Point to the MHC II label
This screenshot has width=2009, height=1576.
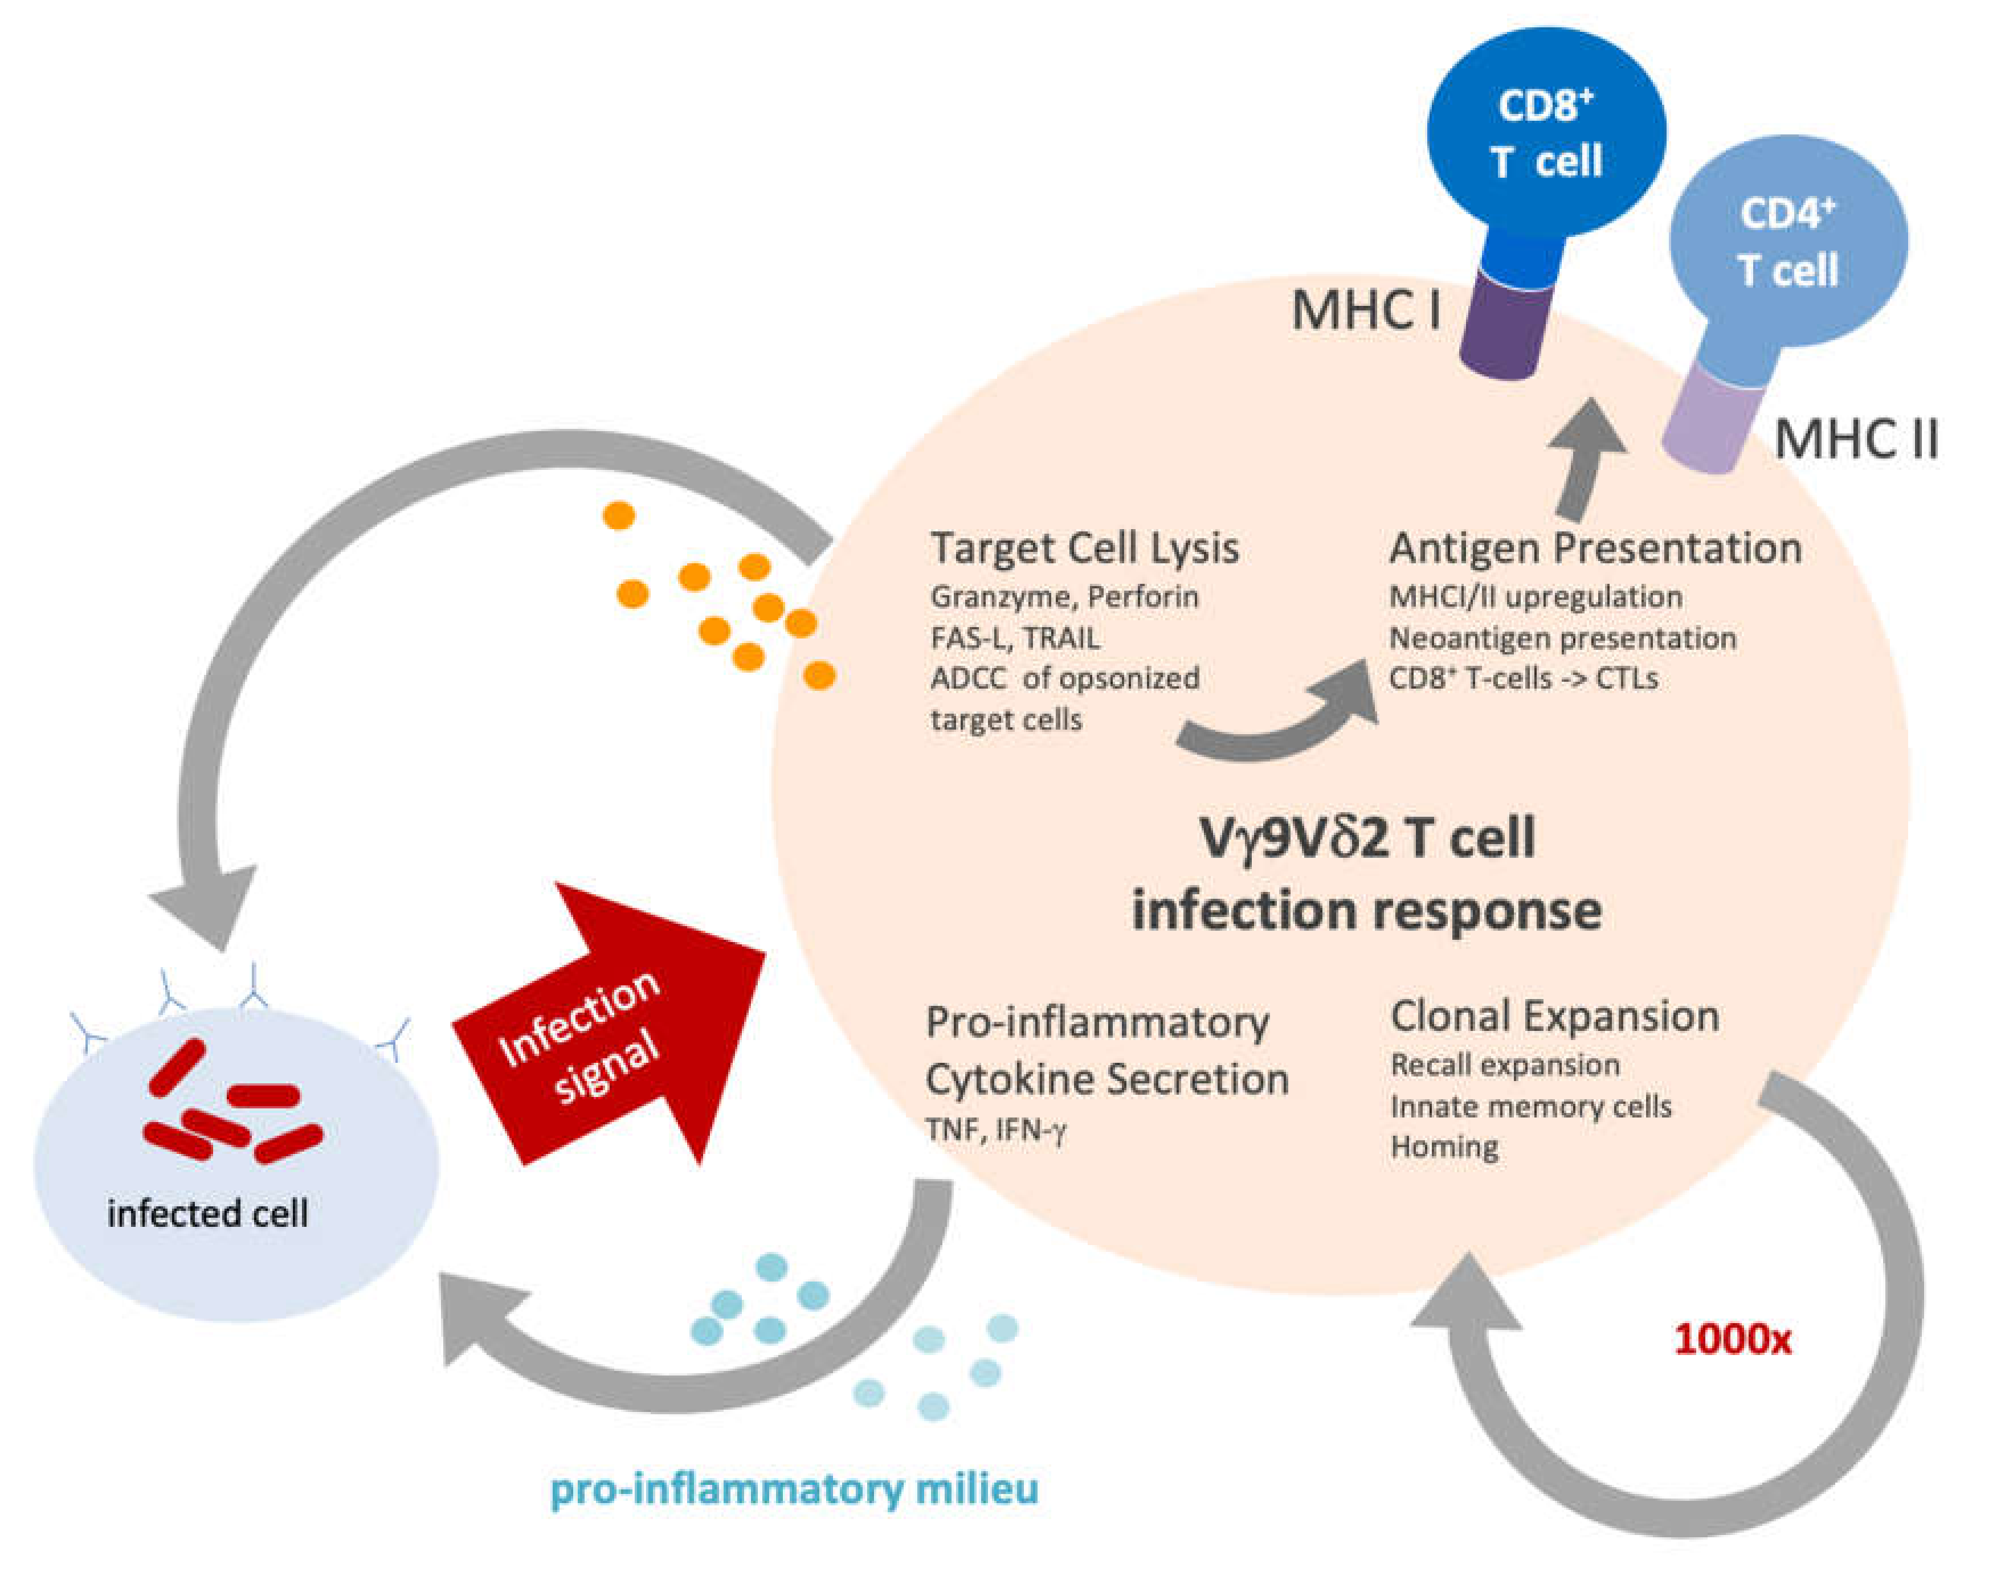1856,439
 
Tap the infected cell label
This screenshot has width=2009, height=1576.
207,1213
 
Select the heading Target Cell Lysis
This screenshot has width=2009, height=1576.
1084,548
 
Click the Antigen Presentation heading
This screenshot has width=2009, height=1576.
1595,548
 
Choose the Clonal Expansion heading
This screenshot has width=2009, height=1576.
1555,1017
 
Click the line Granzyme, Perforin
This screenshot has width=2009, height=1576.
1064,597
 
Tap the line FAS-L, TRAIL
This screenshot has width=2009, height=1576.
1014,637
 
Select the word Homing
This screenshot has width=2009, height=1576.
1444,1147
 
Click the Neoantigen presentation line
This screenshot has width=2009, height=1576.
1562,637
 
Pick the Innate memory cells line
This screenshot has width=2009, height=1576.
1531,1106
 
